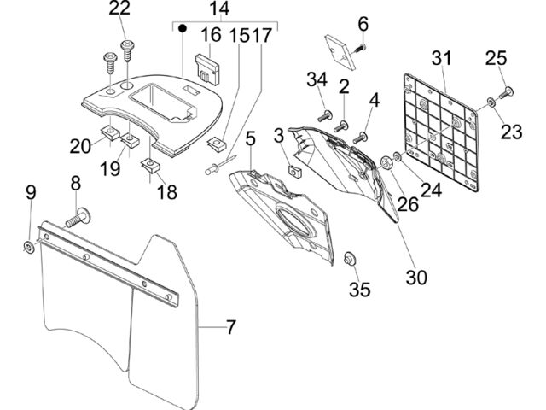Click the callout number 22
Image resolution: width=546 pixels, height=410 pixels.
[x=119, y=9]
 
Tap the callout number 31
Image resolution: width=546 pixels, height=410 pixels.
[x=442, y=58]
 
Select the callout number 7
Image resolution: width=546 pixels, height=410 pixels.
[x=231, y=327]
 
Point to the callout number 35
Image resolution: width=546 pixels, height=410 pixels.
[x=360, y=290]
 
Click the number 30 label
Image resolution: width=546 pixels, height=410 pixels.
[x=416, y=278]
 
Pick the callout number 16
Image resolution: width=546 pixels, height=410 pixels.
[x=211, y=35]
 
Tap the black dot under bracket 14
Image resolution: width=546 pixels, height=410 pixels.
[x=182, y=28]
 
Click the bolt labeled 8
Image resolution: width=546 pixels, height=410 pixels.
[x=78, y=219]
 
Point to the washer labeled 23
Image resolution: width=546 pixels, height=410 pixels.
[x=491, y=102]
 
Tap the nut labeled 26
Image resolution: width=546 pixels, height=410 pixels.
[x=386, y=162]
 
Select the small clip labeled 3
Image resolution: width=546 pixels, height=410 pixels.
[x=294, y=171]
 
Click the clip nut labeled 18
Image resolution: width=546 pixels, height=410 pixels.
[x=151, y=165]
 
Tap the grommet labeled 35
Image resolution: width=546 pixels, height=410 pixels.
[x=350, y=259]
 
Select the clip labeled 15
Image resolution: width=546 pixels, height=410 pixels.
[x=216, y=144]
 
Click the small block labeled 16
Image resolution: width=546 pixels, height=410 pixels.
[x=208, y=69]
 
